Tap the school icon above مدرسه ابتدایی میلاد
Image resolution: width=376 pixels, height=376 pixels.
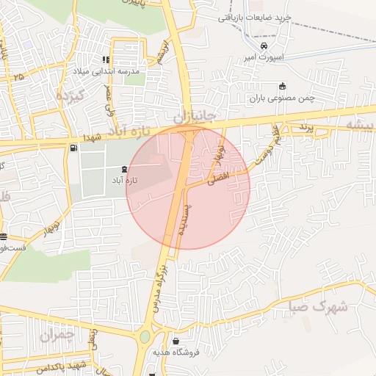click(x=106, y=59)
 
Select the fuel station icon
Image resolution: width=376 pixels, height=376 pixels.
click(x=73, y=148)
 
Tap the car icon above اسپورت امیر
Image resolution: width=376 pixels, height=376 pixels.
click(x=253, y=46)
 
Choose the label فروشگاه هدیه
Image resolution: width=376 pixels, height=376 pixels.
click(x=177, y=352)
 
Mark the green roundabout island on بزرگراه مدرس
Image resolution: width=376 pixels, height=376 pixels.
click(x=144, y=338)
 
